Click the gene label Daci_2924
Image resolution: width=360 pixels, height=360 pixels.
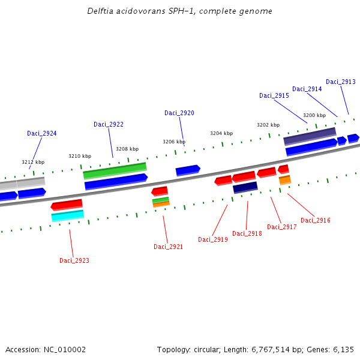tap(42, 133)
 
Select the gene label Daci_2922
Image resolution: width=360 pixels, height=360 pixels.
tap(109, 124)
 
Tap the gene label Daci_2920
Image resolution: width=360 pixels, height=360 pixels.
tap(179, 113)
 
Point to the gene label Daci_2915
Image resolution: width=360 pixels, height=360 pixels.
tap(274, 95)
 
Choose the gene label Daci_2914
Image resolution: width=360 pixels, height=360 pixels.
tap(307, 89)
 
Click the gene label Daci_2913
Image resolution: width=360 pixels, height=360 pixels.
tap(341, 82)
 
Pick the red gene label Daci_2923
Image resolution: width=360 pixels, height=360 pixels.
tap(74, 260)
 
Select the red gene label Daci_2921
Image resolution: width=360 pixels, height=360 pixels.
tap(169, 247)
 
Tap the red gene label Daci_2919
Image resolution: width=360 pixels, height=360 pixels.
tap(213, 239)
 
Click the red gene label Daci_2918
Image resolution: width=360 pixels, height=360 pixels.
tap(247, 233)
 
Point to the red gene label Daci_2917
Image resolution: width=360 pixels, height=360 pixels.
tap(282, 227)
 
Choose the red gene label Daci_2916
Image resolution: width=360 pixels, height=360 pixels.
tap(316, 220)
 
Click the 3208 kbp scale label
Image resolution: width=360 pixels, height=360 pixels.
tap(127, 149)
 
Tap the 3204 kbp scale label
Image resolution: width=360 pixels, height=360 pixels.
tap(221, 133)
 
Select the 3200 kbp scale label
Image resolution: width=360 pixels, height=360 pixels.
tap(314, 115)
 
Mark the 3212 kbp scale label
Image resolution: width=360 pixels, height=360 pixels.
tap(33, 162)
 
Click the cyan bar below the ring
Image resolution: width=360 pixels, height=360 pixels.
tap(68, 215)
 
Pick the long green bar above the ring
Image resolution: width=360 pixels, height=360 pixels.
tap(115, 170)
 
